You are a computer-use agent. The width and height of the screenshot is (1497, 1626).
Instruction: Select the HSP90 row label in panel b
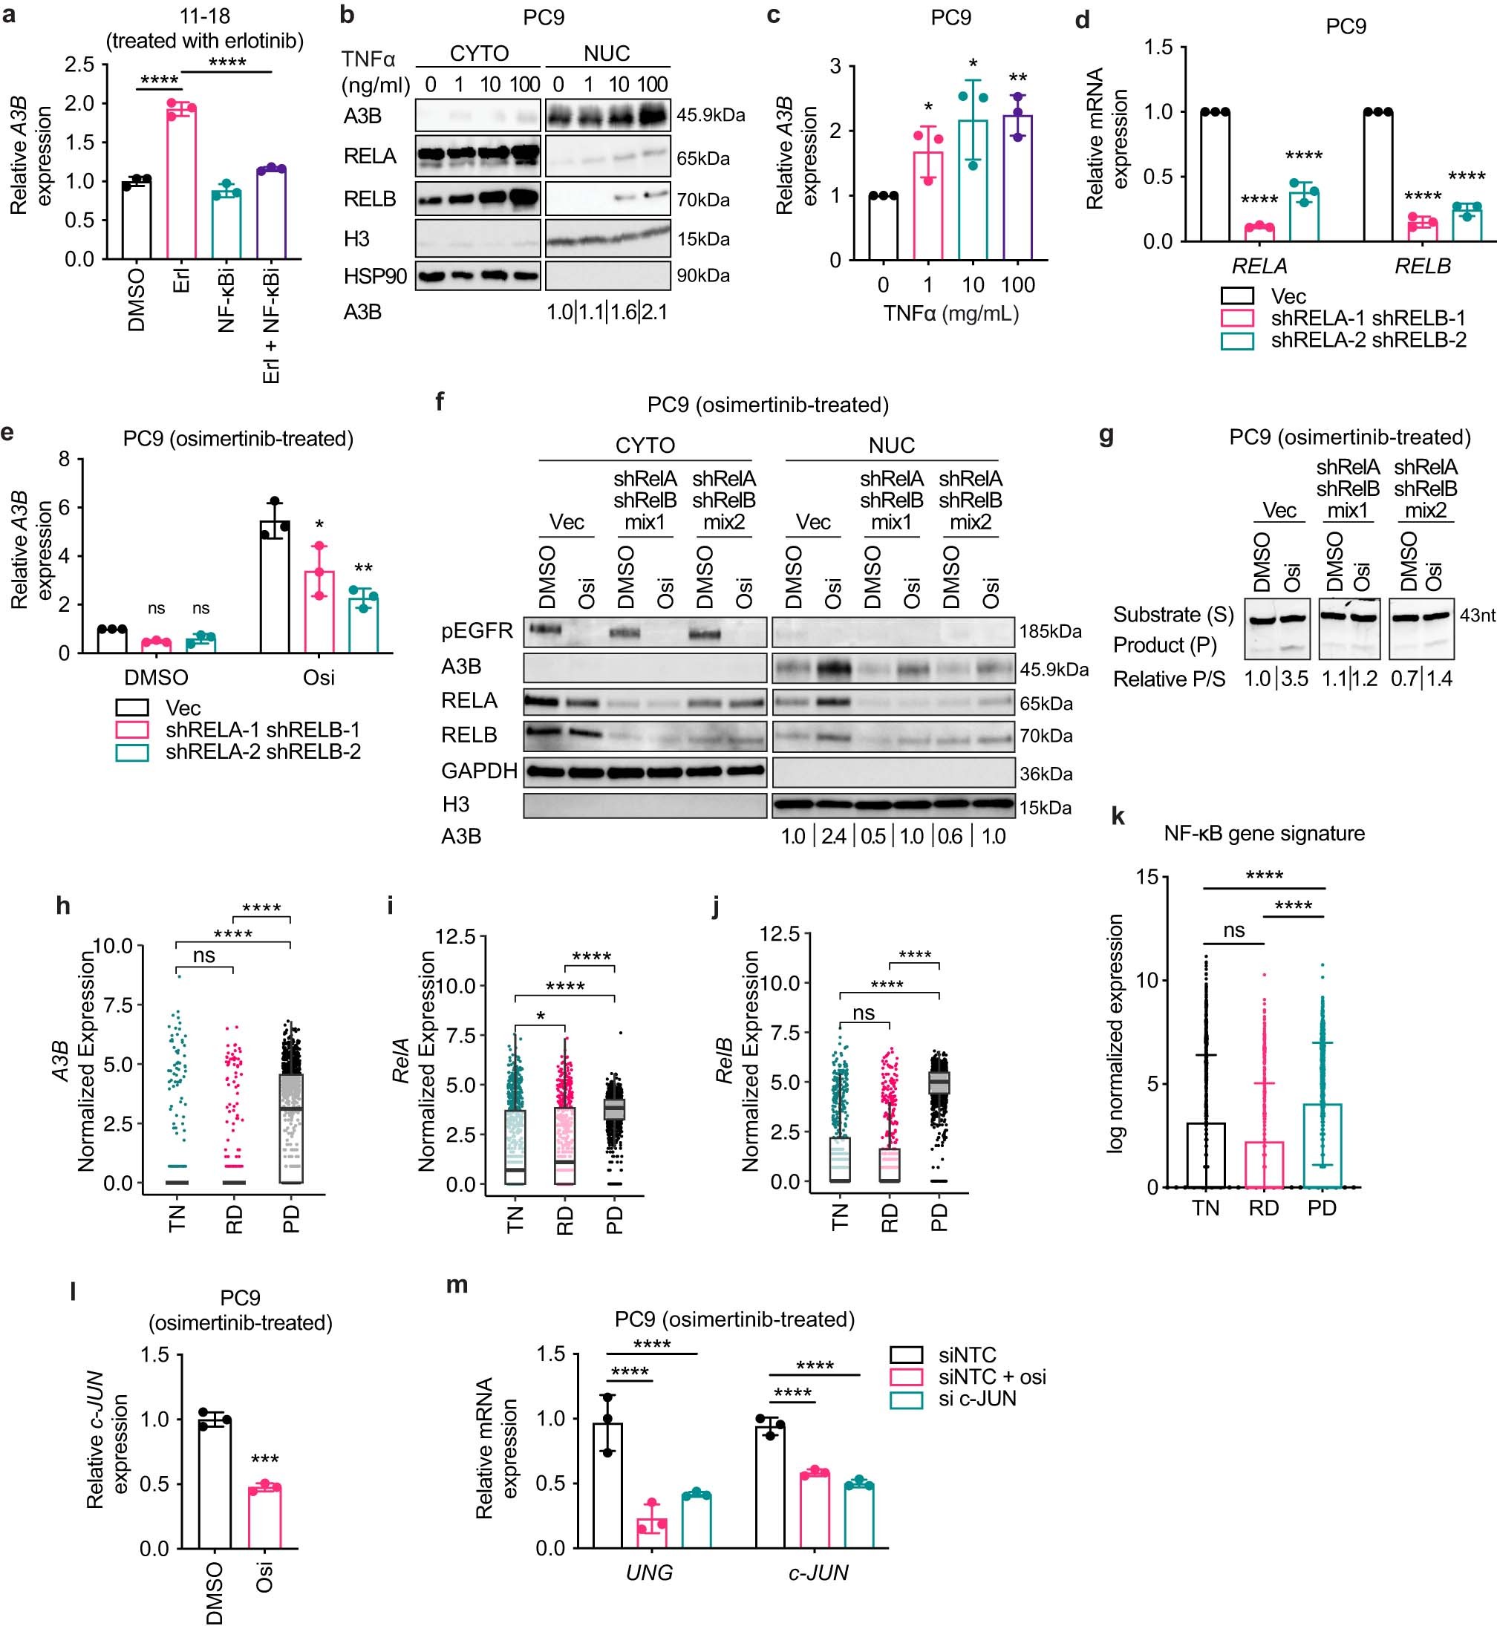pos(374,276)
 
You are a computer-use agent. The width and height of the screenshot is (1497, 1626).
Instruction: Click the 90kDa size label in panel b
pos(703,276)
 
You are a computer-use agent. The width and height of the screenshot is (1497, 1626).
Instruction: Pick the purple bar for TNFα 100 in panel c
pos(1018,188)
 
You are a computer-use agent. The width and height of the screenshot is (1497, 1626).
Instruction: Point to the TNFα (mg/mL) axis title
pos(950,313)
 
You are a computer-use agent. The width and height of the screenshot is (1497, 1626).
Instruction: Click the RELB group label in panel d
pos(1423,266)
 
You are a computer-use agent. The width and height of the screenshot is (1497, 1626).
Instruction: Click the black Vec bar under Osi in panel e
pos(275,587)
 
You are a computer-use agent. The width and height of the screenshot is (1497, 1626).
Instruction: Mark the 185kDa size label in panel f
pos(1050,632)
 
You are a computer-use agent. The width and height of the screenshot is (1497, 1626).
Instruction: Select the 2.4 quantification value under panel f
pos(834,836)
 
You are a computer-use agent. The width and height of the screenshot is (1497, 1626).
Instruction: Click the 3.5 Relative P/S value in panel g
pos(1294,679)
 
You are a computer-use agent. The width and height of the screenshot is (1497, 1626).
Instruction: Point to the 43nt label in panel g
pos(1477,616)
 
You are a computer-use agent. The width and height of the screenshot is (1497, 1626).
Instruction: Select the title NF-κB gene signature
pos(1264,833)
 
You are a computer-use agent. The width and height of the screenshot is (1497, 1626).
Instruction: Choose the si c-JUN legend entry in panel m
pos(977,1400)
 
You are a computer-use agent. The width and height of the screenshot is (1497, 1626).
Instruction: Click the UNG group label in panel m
pos(649,1573)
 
